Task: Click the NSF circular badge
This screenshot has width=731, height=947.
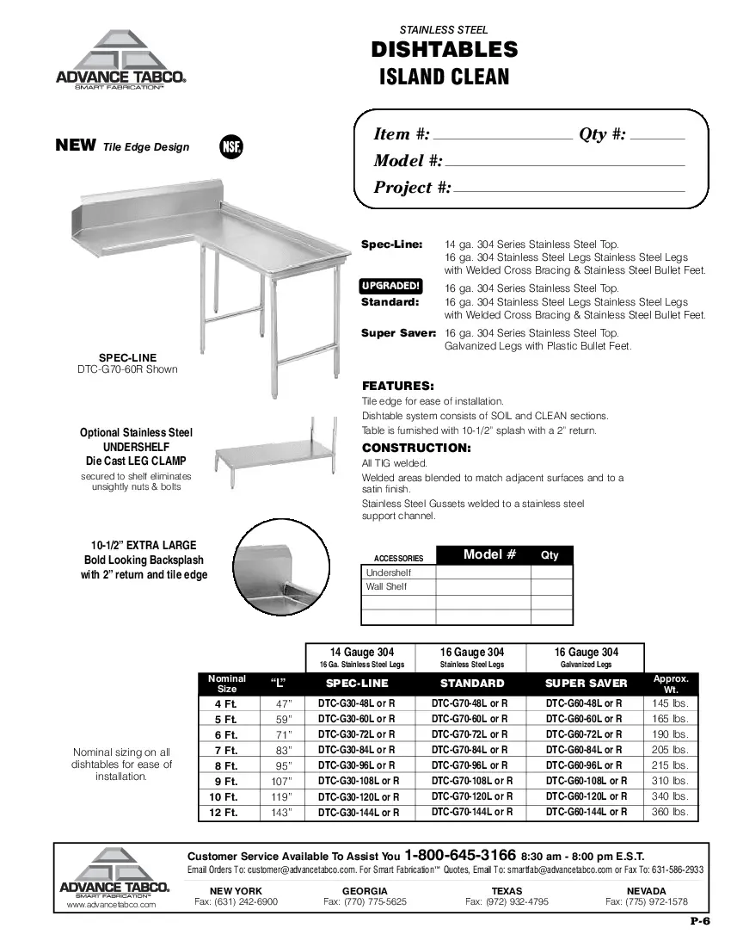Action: pyautogui.click(x=231, y=146)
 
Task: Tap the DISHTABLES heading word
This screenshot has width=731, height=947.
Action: pyautogui.click(x=444, y=50)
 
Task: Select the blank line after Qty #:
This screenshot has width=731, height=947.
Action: pyautogui.click(x=658, y=136)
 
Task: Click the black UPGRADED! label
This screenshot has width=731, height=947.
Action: pyautogui.click(x=390, y=286)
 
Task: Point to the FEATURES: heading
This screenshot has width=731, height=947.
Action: pyautogui.click(x=397, y=386)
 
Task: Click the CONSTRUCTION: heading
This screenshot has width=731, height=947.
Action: pyautogui.click(x=415, y=448)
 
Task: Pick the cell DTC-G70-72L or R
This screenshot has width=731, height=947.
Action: pyautogui.click(x=470, y=734)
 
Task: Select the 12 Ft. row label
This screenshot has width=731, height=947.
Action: pyautogui.click(x=226, y=813)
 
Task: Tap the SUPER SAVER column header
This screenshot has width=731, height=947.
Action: pyautogui.click(x=587, y=684)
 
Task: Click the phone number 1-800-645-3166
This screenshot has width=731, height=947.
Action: pyautogui.click(x=460, y=856)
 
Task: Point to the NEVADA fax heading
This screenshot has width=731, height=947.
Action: pyautogui.click(x=646, y=890)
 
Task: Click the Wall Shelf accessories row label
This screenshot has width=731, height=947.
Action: pyautogui.click(x=387, y=587)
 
